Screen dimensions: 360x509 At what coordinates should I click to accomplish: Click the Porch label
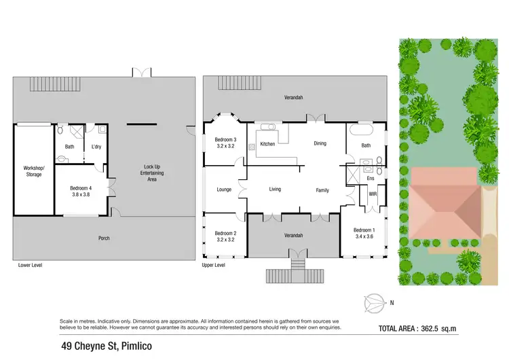pos(103,238)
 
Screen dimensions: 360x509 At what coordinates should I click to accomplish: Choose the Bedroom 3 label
pos(225,139)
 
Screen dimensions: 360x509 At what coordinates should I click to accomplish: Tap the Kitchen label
pos(267,144)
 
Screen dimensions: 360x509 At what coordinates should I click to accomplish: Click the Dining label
pos(320,143)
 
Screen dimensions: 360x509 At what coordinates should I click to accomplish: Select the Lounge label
pos(225,190)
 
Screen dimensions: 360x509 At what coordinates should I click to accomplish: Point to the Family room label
pos(322,190)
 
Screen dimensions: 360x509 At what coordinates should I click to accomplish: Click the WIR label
pos(373,194)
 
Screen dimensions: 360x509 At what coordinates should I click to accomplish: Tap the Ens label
pos(371,178)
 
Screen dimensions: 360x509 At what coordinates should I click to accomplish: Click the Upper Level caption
pos(213,265)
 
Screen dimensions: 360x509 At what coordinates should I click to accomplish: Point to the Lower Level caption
pos(30,265)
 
